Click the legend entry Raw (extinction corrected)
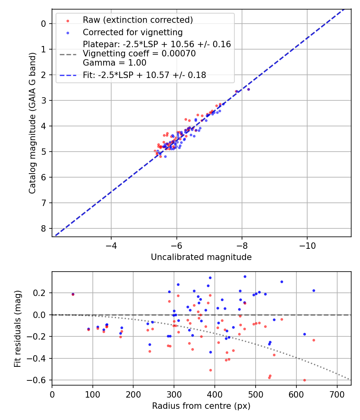point(138,20)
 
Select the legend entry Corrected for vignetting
point(132,32)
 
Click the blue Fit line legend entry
point(144,75)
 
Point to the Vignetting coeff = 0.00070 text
point(139,54)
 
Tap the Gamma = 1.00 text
point(114,63)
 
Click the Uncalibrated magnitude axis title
point(201,257)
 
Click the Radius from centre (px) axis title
point(201,406)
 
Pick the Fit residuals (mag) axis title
point(17,329)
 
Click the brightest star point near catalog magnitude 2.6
point(248,89)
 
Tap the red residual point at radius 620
point(304,380)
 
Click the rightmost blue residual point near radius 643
point(314,290)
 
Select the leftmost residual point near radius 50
point(73,294)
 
